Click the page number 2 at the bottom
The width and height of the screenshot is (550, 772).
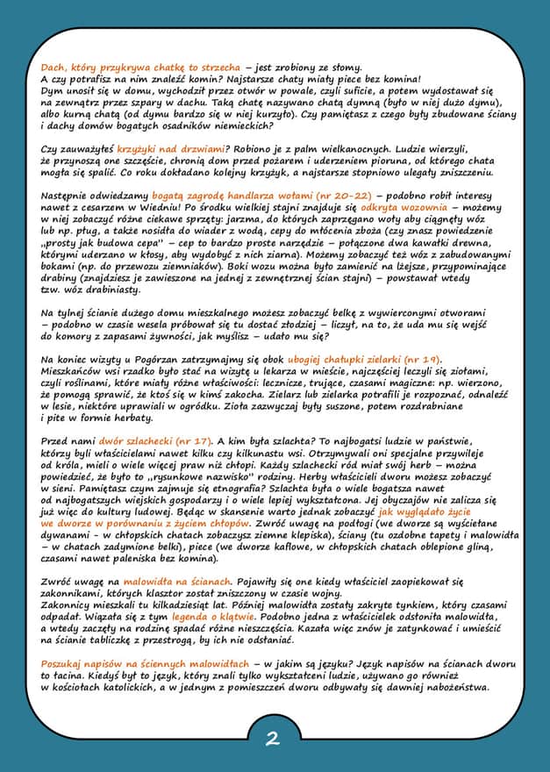coord(273,740)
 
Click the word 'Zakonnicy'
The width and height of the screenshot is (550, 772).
coord(68,605)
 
